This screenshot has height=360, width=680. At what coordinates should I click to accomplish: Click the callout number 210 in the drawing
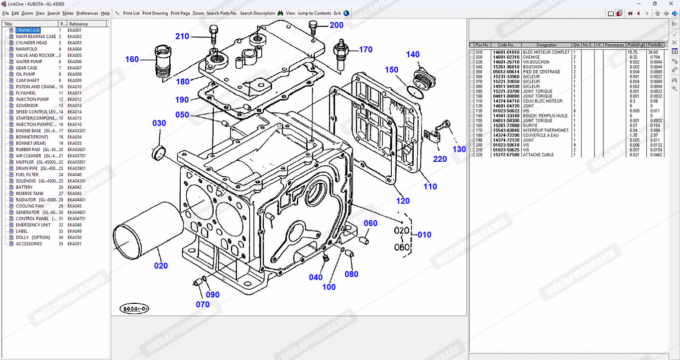tap(182, 36)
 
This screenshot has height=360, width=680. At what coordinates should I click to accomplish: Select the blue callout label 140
tap(413, 55)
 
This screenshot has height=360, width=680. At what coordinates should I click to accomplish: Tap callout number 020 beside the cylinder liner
tap(161, 266)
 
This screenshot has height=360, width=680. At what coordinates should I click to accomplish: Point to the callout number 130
tap(459, 149)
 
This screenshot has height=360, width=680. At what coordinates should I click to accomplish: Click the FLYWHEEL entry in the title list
tap(26, 93)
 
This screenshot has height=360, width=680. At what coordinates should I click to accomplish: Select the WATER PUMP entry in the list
tap(29, 62)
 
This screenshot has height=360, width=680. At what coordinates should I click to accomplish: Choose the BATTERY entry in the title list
tap(24, 187)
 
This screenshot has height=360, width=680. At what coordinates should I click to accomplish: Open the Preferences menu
tap(87, 13)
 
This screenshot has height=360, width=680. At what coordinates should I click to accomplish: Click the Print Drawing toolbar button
tap(155, 13)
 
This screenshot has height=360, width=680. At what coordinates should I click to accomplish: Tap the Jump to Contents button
tap(314, 13)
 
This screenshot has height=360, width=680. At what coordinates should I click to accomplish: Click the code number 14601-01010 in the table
tap(506, 52)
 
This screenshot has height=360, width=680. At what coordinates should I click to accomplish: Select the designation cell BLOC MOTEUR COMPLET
tap(546, 52)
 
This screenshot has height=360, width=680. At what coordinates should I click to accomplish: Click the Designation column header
tap(547, 45)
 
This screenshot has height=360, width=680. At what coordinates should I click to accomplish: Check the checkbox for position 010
tap(472, 52)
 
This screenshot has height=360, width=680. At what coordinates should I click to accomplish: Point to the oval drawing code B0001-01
tap(134, 309)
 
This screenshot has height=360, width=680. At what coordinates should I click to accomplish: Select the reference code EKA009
tap(75, 81)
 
